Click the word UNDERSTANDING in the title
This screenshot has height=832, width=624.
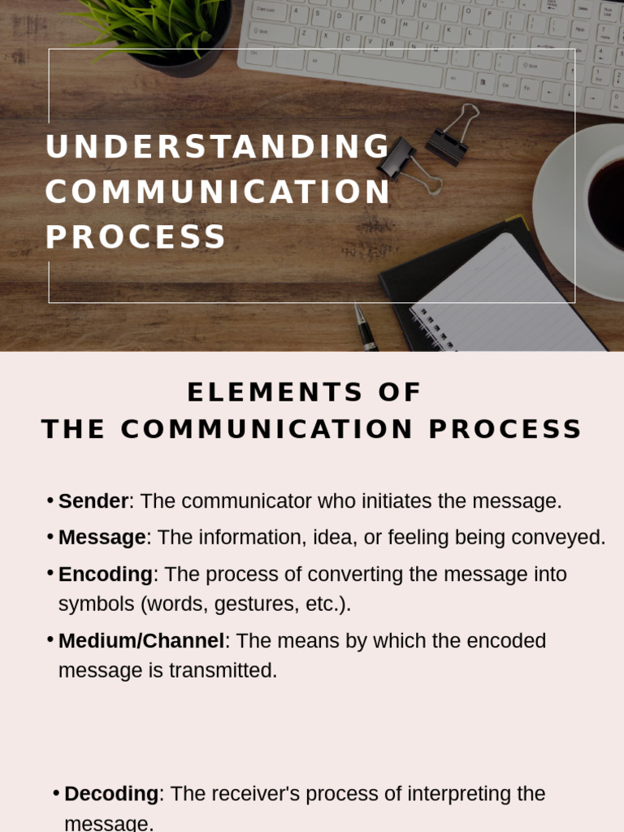[x=218, y=147]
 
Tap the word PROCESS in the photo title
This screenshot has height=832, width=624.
[x=136, y=236]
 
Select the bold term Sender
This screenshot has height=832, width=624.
[x=93, y=501]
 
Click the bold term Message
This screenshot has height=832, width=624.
[x=102, y=537]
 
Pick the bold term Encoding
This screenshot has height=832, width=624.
[x=106, y=574]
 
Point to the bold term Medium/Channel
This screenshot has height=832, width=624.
[x=141, y=641]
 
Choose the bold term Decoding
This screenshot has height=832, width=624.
[x=111, y=794]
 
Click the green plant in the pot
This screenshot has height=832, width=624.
[x=154, y=20]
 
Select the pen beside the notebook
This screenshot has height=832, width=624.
[x=366, y=328]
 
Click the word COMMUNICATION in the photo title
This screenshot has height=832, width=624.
[x=218, y=193]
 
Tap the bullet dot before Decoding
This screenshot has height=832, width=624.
[x=55, y=793]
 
